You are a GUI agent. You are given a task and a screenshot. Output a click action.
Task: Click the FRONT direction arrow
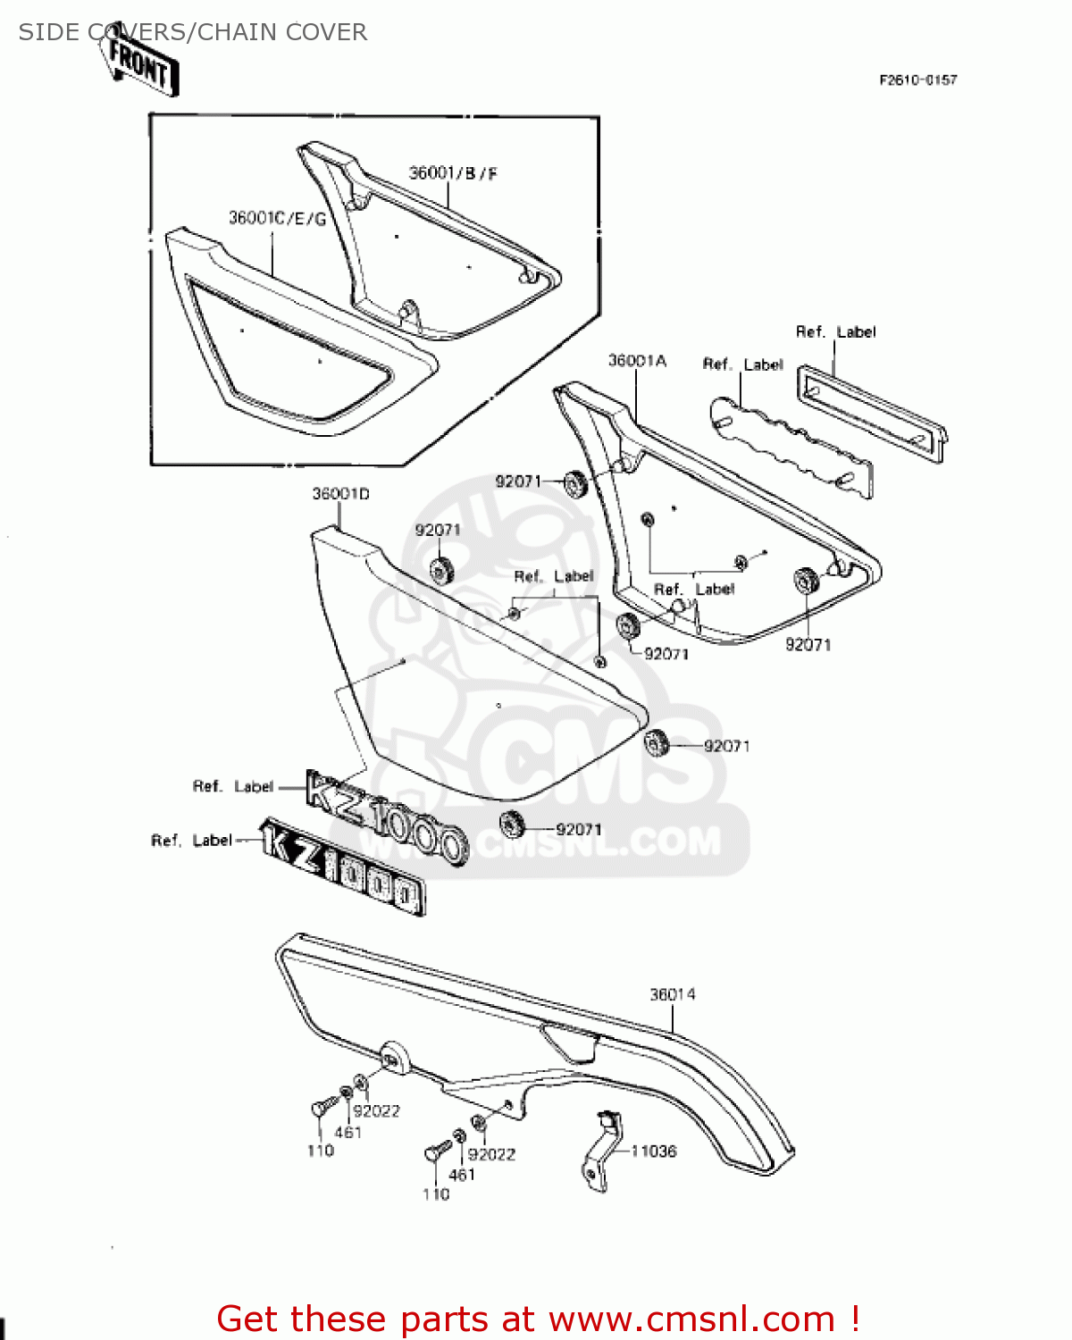(140, 64)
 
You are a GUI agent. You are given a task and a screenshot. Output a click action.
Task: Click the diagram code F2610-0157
(917, 80)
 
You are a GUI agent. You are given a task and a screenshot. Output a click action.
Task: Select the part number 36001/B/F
(453, 173)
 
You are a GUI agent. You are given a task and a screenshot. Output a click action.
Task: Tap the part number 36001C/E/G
(277, 218)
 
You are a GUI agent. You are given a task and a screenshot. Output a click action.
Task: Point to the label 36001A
(637, 361)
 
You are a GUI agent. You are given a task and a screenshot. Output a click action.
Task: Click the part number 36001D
(340, 494)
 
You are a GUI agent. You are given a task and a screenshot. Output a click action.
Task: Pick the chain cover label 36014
(672, 994)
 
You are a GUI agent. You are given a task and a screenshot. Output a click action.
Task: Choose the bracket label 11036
(654, 1152)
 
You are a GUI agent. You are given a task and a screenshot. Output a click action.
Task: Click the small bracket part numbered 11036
(600, 1152)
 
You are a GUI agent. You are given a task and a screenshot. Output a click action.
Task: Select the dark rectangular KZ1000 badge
(342, 867)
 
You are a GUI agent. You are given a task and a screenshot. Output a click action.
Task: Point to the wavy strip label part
(791, 447)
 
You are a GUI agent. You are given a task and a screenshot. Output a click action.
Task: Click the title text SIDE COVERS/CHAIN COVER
(192, 32)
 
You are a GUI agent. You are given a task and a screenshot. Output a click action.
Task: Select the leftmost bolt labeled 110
(319, 1109)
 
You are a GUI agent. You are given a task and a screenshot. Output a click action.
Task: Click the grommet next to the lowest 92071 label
(512, 820)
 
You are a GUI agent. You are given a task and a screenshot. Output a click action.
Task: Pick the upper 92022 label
(376, 1110)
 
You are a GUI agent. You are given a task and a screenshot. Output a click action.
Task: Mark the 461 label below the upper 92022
(348, 1133)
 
